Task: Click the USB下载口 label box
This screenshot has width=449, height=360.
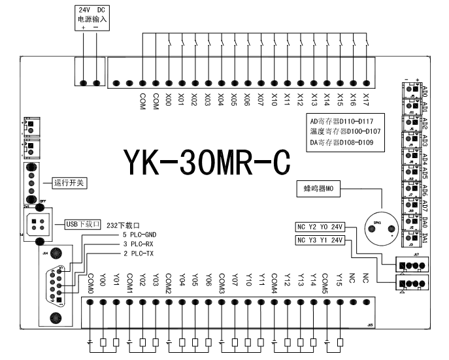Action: (82, 224)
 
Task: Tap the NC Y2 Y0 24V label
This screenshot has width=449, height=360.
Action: (320, 227)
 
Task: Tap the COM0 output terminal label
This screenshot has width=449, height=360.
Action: (90, 282)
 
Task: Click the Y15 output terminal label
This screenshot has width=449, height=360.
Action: (340, 280)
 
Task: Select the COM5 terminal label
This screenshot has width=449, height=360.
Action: (326, 282)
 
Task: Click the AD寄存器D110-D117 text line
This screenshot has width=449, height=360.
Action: (344, 121)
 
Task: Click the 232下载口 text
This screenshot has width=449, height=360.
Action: (124, 224)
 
